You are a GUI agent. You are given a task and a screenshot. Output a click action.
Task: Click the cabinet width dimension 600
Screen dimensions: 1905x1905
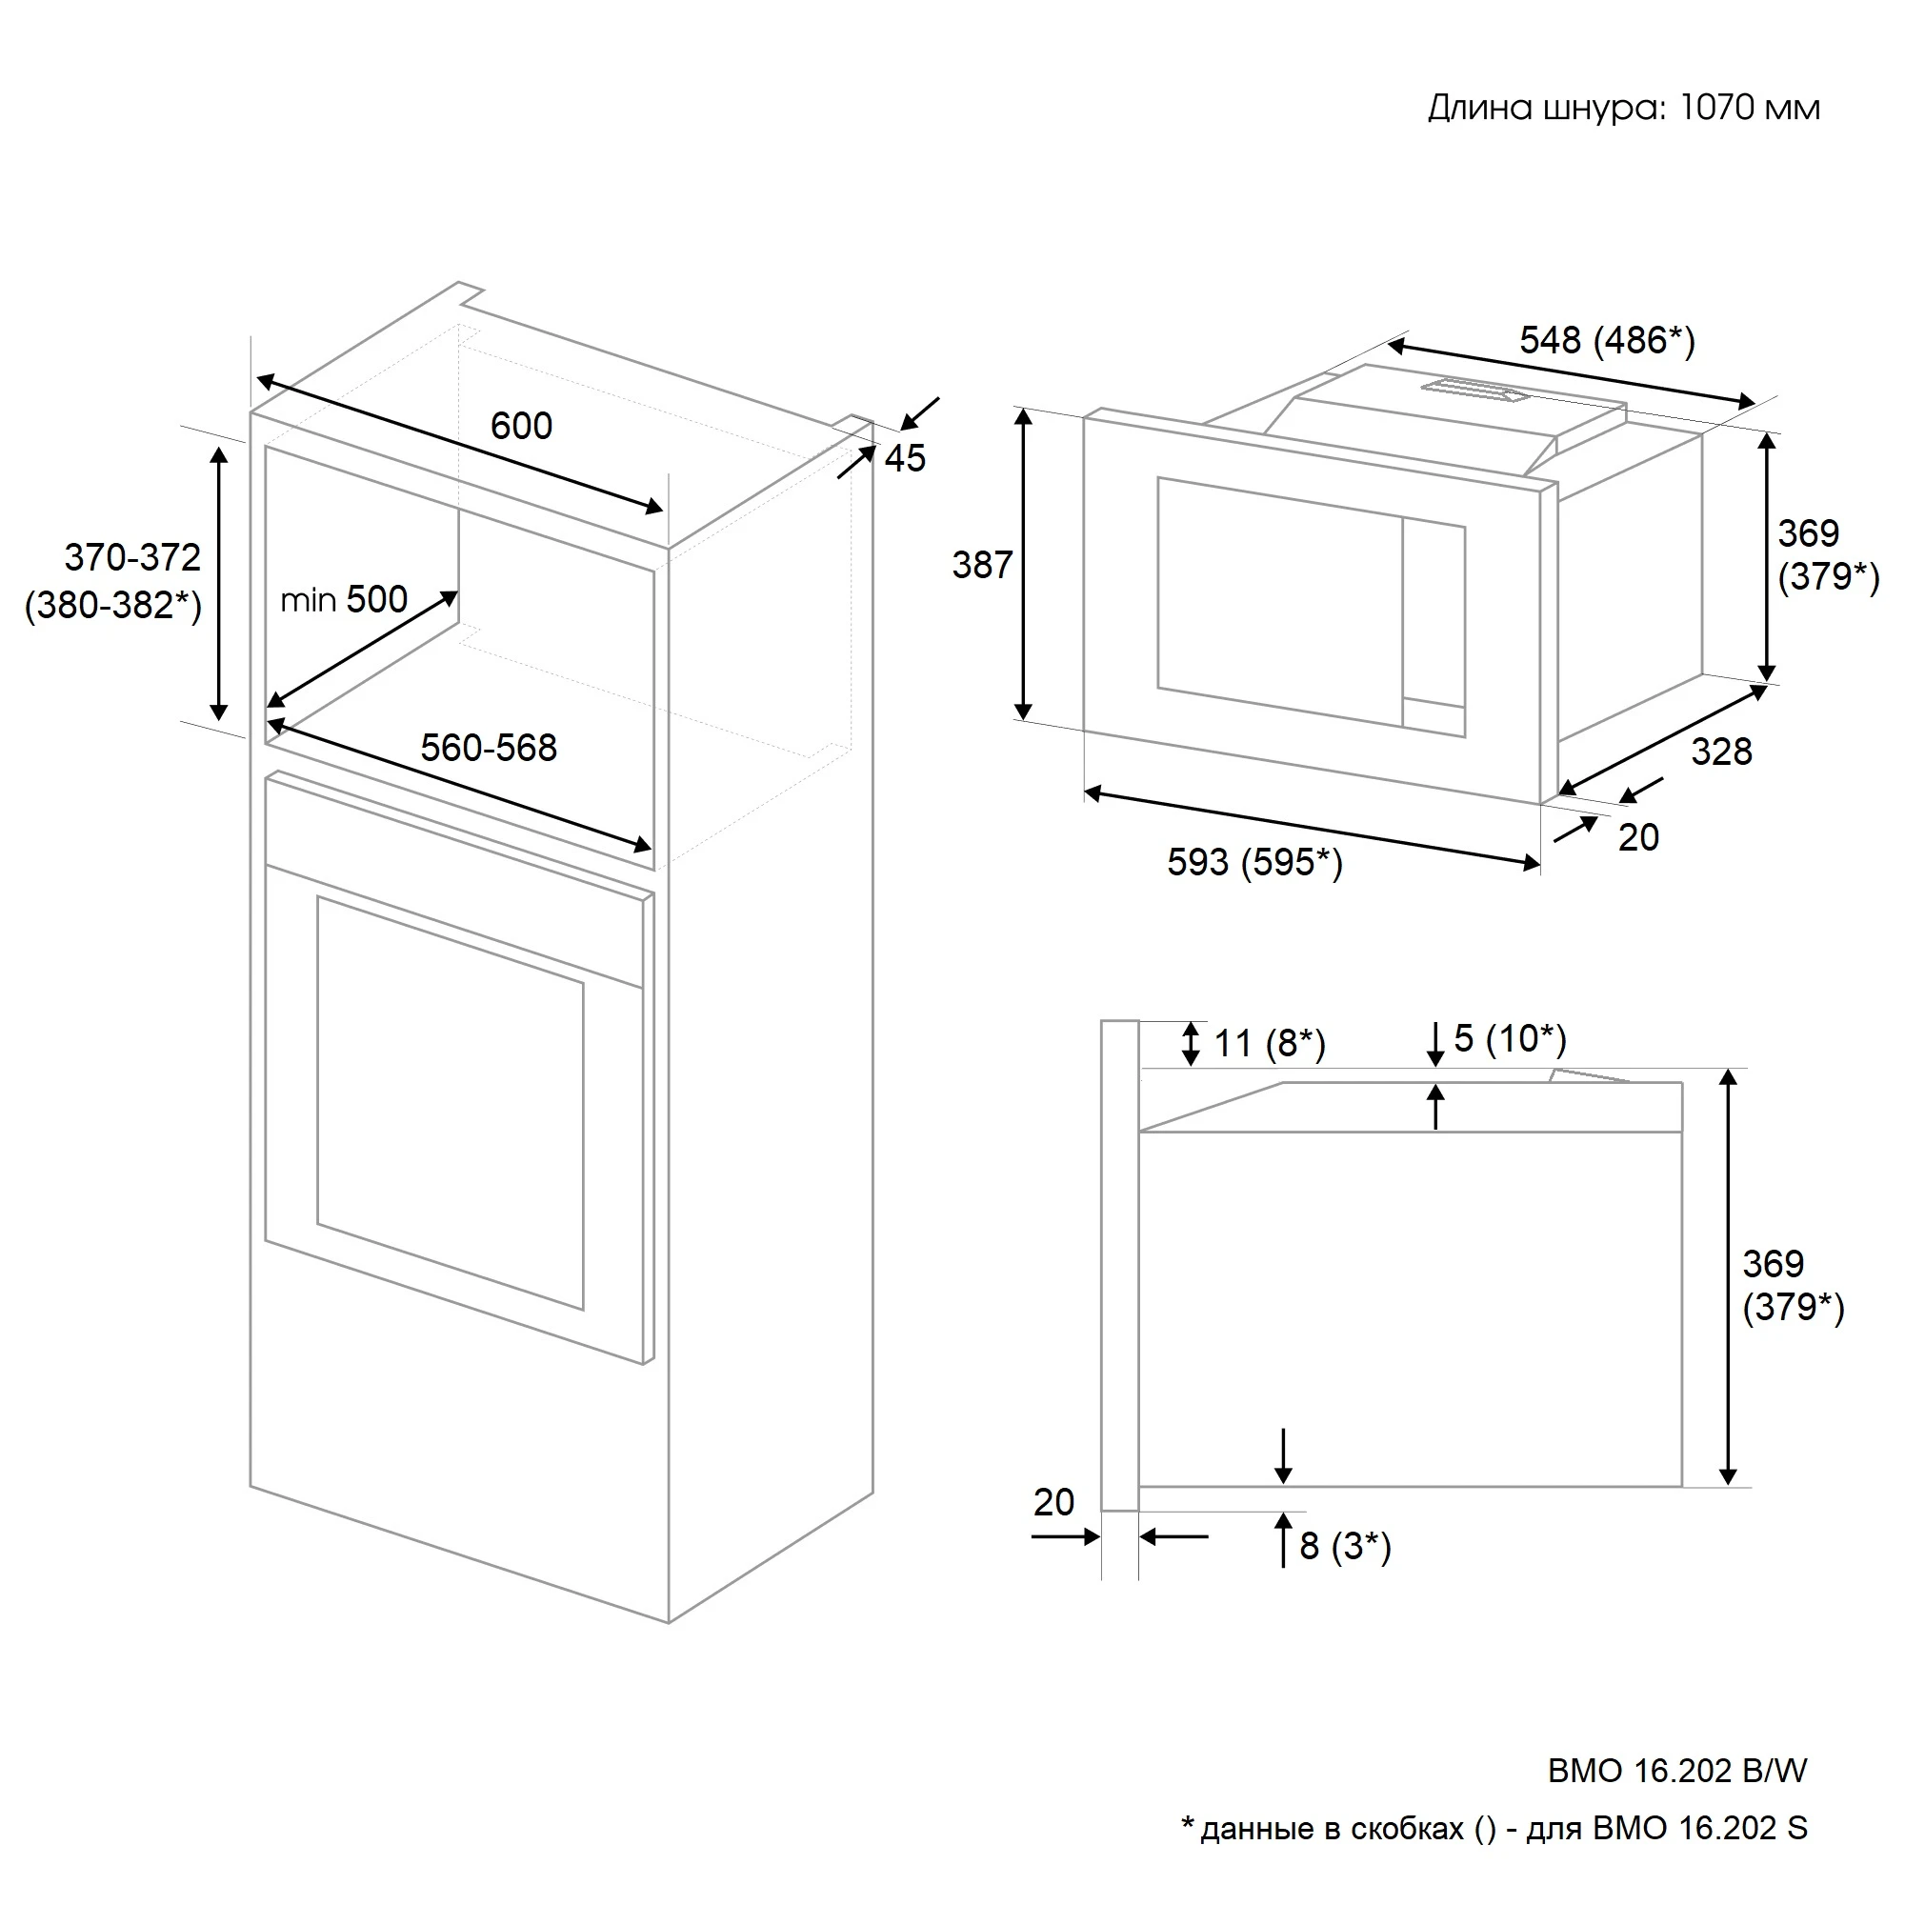coord(522,426)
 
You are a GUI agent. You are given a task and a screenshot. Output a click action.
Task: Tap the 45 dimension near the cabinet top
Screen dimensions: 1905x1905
coord(904,458)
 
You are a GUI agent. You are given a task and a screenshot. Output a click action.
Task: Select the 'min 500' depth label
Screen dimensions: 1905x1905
coord(344,599)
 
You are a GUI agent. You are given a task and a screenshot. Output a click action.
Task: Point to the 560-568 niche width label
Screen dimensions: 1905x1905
coord(489,748)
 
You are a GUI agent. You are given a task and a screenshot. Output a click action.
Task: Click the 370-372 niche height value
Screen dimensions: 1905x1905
coord(133,558)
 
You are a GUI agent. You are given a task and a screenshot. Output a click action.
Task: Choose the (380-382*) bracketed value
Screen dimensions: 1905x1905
coord(113,606)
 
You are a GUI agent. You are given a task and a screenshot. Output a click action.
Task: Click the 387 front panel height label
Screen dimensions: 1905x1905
coord(982,565)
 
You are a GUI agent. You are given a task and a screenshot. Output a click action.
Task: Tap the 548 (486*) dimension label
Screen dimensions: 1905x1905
coord(1607,340)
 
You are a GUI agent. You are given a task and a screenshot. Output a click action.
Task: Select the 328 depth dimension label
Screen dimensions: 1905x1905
coord(1721,752)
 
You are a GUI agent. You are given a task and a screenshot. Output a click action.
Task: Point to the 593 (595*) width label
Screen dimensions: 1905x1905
coord(1255,863)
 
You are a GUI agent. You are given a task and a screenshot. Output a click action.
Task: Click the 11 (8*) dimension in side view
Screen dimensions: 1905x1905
coord(1270,1043)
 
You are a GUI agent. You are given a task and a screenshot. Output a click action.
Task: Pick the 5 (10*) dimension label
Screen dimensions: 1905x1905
coord(1511,1038)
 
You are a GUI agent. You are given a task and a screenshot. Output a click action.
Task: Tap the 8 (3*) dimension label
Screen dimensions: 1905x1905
coord(1346,1546)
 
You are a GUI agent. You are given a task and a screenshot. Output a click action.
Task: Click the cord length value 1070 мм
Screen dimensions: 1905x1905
coord(1750,108)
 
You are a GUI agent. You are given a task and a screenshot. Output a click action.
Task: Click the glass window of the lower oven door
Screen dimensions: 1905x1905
coord(451,1102)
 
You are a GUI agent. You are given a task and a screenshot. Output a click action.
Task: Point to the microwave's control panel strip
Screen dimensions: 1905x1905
coord(1434,628)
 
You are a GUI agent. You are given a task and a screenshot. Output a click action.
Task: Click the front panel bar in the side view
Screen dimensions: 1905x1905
coord(1120,1265)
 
